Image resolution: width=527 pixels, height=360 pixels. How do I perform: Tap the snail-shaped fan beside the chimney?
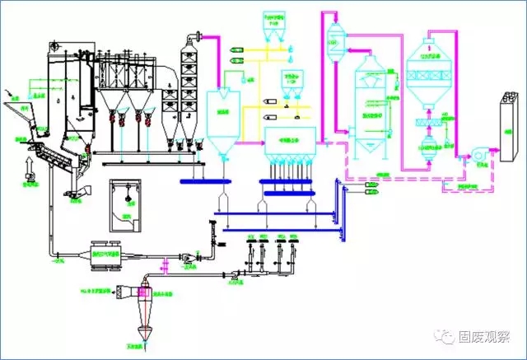click(477, 156)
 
